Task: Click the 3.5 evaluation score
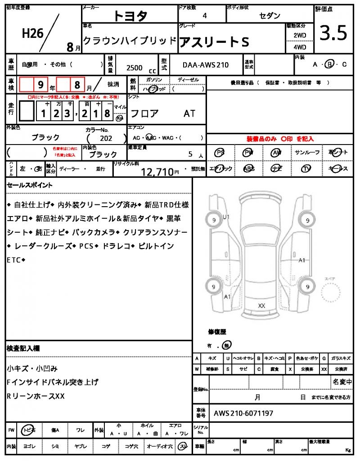[x=333, y=33]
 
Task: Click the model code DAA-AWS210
[x=205, y=65]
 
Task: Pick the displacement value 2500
[x=135, y=68]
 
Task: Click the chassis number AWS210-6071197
[x=243, y=413]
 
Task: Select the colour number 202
[x=106, y=139]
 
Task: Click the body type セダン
[x=270, y=16]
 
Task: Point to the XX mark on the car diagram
[x=261, y=305]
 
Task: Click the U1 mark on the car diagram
[x=226, y=217]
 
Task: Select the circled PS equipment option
[x=220, y=153]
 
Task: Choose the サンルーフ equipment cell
[x=307, y=153]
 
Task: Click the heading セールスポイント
[x=30, y=185]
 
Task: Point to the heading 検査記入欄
[x=23, y=348]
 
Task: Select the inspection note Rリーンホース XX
[x=36, y=396]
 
